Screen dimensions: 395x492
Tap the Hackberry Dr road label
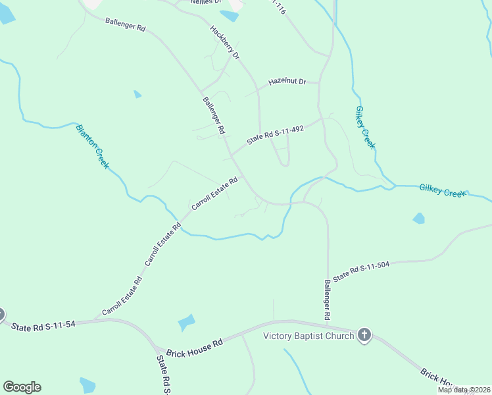click(225, 43)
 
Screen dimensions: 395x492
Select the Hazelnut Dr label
click(287, 82)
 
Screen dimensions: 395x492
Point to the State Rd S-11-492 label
click(275, 135)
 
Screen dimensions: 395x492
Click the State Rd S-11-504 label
click(361, 271)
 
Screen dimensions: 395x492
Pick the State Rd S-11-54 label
click(43, 325)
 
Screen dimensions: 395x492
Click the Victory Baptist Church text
click(308, 336)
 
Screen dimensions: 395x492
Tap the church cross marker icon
click(364, 336)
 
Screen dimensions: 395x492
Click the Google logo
click(22, 387)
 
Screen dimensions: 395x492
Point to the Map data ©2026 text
click(464, 390)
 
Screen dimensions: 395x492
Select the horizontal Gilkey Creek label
click(442, 191)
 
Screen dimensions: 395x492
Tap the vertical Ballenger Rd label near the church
click(327, 300)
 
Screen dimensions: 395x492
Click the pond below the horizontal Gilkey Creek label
click(418, 218)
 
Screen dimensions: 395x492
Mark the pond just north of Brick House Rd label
click(187, 323)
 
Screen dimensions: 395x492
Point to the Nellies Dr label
click(205, 2)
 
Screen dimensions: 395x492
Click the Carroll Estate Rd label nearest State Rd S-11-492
click(214, 194)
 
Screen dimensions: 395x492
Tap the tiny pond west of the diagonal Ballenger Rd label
click(137, 94)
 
